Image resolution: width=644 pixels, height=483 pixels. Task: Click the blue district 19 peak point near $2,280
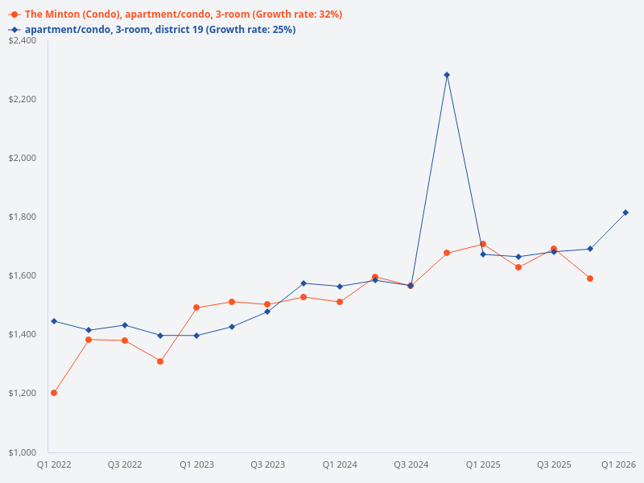447,75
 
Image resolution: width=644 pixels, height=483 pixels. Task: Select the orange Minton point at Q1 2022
54,393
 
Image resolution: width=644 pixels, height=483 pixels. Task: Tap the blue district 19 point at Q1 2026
625,213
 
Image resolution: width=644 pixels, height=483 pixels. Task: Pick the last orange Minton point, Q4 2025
590,279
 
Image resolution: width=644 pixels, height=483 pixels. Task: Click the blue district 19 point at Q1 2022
54,321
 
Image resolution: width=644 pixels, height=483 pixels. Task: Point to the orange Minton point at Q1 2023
196,308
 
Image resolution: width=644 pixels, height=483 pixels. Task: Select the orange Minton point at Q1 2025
482,244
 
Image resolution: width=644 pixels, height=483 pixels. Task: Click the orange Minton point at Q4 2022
160,361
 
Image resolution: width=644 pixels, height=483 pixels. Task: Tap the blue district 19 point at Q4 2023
303,283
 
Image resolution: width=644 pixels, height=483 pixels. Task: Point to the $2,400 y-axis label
23,40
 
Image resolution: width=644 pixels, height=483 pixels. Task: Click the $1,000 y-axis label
23,452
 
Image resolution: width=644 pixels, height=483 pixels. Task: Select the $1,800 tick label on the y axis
23,217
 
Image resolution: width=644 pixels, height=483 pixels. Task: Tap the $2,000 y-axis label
23,158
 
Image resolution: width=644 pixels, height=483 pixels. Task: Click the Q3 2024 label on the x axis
411,464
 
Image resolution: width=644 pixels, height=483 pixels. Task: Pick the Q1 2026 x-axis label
620,464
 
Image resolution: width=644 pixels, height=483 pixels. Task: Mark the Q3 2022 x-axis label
125,464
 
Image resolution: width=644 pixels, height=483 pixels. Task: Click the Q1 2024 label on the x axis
340,464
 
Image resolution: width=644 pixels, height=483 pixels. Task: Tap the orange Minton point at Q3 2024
411,286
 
